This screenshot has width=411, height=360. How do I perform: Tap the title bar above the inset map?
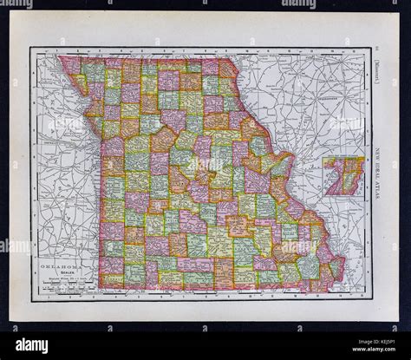[344, 157]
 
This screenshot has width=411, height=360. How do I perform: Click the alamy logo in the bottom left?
[32, 344]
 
